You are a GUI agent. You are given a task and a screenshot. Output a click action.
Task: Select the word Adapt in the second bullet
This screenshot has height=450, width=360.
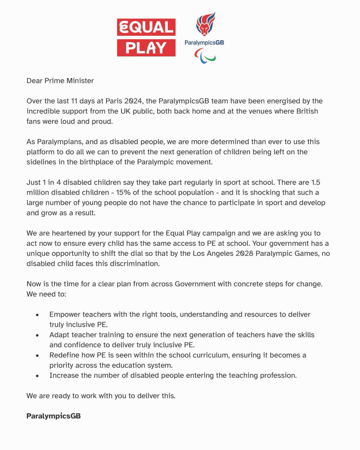tap(58, 334)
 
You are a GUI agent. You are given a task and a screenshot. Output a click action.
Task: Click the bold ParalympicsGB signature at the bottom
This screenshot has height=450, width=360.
tap(54, 416)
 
